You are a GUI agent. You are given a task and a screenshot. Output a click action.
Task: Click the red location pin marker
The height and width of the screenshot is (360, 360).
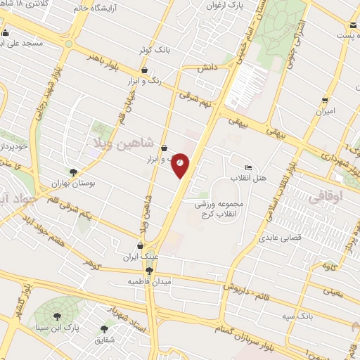(x=181, y=164)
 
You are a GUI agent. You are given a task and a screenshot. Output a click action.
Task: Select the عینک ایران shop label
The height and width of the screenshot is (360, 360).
(x=139, y=257)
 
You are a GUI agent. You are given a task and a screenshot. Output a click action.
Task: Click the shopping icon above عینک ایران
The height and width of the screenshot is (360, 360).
(x=141, y=246)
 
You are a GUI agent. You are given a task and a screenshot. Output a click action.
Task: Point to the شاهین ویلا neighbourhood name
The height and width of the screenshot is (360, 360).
(x=123, y=143)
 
